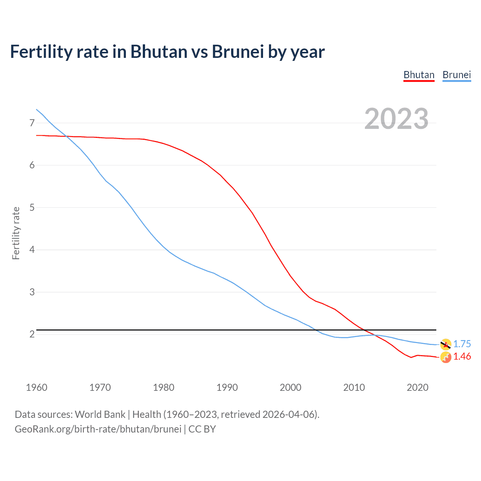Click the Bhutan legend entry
(419, 75)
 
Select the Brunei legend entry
(457, 75)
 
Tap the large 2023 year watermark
(396, 119)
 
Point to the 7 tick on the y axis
(32, 123)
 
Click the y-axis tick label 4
(32, 250)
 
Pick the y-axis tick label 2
(32, 334)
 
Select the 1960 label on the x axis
(36, 387)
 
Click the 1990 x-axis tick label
(227, 387)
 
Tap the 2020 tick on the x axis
(417, 387)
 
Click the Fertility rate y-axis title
(16, 233)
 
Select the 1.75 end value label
(462, 344)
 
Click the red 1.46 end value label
(462, 357)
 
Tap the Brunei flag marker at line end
(446, 344)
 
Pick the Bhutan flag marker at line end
(446, 357)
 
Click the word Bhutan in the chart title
(159, 52)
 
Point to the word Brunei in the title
(238, 52)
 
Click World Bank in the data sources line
(100, 414)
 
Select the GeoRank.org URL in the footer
(98, 429)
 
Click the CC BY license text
(202, 429)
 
